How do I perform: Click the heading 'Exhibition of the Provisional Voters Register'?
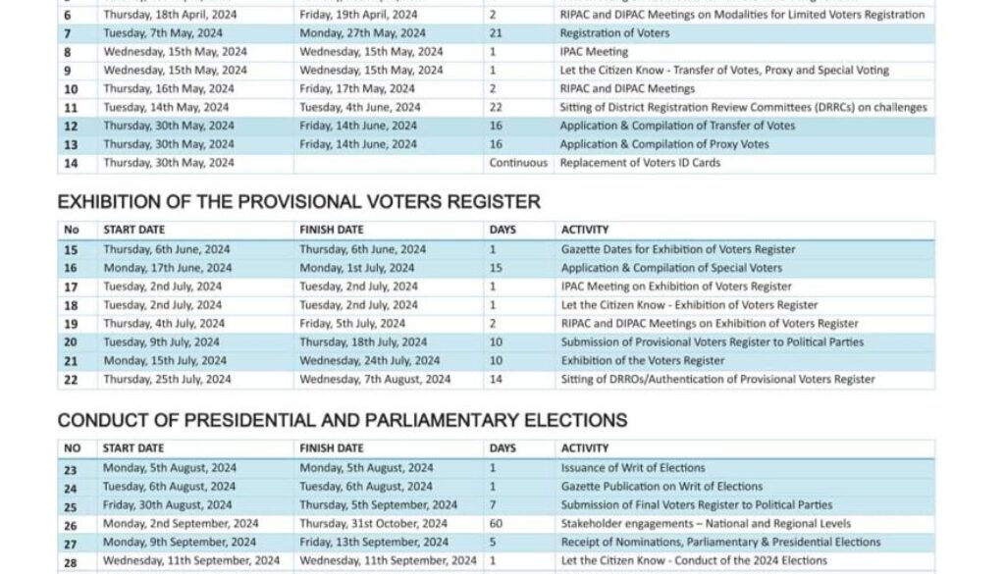click(x=298, y=202)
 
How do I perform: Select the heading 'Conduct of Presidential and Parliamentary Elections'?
click(x=342, y=420)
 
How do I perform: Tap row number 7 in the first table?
click(x=68, y=33)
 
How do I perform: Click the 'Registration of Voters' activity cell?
click(x=614, y=33)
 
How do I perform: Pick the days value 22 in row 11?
click(x=496, y=108)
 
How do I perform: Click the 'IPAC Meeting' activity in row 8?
click(x=594, y=52)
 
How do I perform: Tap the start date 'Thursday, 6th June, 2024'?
click(x=167, y=249)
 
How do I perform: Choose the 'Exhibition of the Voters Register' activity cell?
click(x=643, y=360)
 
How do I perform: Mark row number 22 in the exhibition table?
click(x=71, y=379)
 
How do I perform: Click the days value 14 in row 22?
click(x=496, y=379)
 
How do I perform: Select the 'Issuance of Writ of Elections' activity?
click(x=633, y=468)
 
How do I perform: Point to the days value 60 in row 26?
click(x=496, y=524)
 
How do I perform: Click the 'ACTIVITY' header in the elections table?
click(x=585, y=448)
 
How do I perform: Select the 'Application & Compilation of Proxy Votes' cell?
click(x=664, y=144)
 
